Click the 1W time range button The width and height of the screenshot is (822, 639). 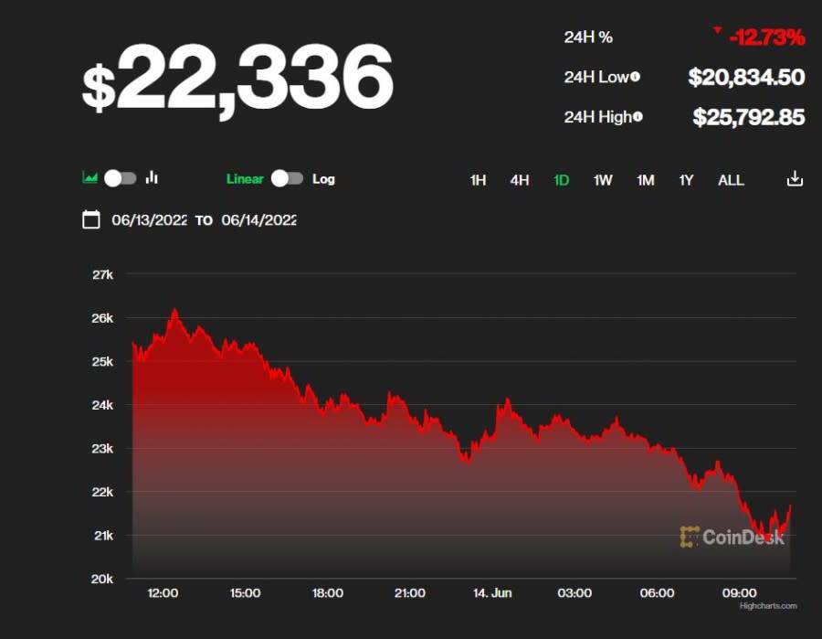[603, 180]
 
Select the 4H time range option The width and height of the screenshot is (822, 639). [520, 180]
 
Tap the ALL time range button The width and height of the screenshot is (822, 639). [731, 180]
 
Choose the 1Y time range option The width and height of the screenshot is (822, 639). [686, 180]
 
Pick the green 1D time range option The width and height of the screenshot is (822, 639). [561, 180]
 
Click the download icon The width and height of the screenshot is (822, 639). [795, 179]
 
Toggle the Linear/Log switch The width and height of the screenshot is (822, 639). [287, 178]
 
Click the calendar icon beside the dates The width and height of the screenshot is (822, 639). [90, 219]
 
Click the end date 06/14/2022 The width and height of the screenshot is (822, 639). [258, 220]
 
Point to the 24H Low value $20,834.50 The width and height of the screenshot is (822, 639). [746, 78]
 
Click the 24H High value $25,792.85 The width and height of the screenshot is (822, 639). [748, 117]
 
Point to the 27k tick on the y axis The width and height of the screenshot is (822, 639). [102, 274]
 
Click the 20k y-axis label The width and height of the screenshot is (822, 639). [102, 579]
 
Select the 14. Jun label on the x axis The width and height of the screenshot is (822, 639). [491, 593]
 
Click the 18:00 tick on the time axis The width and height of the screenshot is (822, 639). [328, 593]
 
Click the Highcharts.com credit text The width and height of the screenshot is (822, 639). [768, 605]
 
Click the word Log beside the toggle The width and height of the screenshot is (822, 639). [323, 179]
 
